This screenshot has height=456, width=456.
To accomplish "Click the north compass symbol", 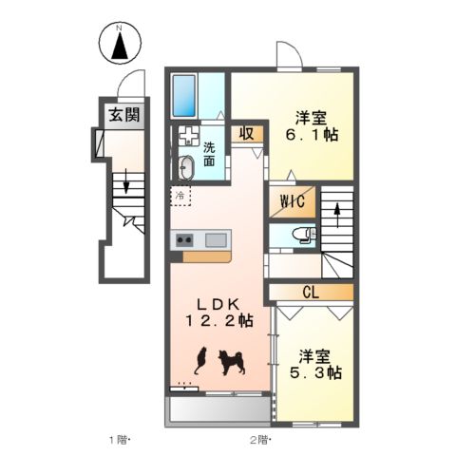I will point(121,45).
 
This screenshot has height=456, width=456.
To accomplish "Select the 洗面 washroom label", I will point(209,153).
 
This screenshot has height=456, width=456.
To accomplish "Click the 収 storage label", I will point(245,134).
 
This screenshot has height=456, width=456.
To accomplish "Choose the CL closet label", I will point(310,291).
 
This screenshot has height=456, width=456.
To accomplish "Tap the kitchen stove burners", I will point(183,238).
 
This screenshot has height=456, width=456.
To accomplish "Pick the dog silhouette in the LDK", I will point(232,361).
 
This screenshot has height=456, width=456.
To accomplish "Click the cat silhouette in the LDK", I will point(201,360).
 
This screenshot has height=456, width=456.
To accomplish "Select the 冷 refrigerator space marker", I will point(180,197).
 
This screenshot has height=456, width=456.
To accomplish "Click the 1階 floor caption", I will point(117,440).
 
